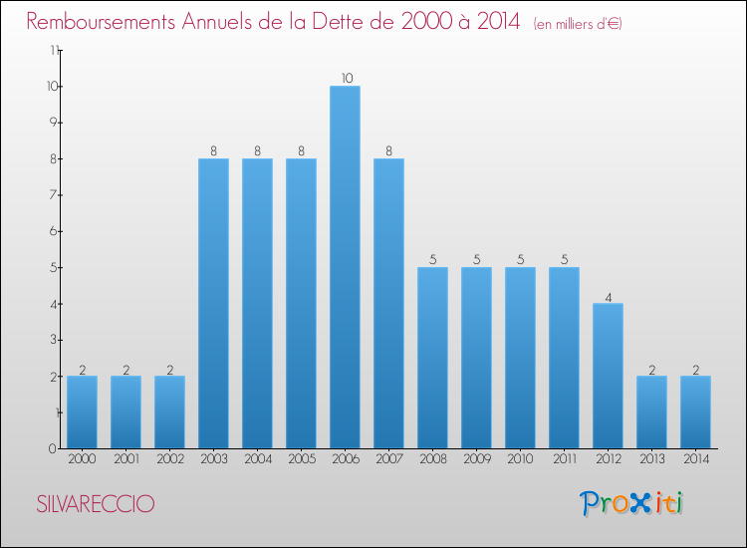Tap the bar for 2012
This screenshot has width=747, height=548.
[x=608, y=376]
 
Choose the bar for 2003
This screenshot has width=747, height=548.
[x=213, y=303]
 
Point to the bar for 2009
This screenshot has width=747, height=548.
[x=476, y=358]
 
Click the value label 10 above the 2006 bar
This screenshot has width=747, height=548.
[x=346, y=78]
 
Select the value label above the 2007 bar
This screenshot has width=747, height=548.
[x=389, y=150]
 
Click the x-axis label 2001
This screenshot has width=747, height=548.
[x=125, y=460]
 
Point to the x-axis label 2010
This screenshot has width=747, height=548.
[x=520, y=460]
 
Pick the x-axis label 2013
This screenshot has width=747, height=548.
[x=651, y=460]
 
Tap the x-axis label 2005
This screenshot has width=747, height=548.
[x=301, y=460]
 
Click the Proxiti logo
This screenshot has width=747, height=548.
[x=632, y=503]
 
